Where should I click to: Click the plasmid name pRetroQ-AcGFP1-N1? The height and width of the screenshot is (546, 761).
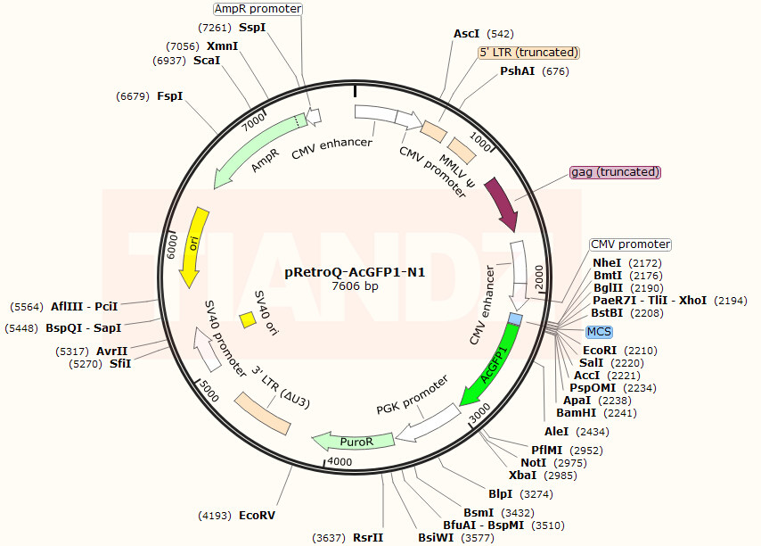(355, 271)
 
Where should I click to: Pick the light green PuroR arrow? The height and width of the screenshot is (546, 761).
(355, 440)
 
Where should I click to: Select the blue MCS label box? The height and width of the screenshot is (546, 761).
(599, 332)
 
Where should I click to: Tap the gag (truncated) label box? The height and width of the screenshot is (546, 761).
(615, 172)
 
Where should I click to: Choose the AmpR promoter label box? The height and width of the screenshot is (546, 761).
(258, 9)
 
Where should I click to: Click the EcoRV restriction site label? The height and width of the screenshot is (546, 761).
(258, 516)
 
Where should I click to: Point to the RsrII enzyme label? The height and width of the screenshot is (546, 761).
(368, 537)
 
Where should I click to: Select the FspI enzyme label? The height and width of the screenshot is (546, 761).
(170, 95)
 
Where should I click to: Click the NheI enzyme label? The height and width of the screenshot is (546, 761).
(607, 263)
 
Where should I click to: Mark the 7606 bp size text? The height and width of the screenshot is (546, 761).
(355, 286)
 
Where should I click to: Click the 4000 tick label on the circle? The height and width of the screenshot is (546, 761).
(340, 461)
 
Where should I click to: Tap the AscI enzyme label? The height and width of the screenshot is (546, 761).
(467, 34)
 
